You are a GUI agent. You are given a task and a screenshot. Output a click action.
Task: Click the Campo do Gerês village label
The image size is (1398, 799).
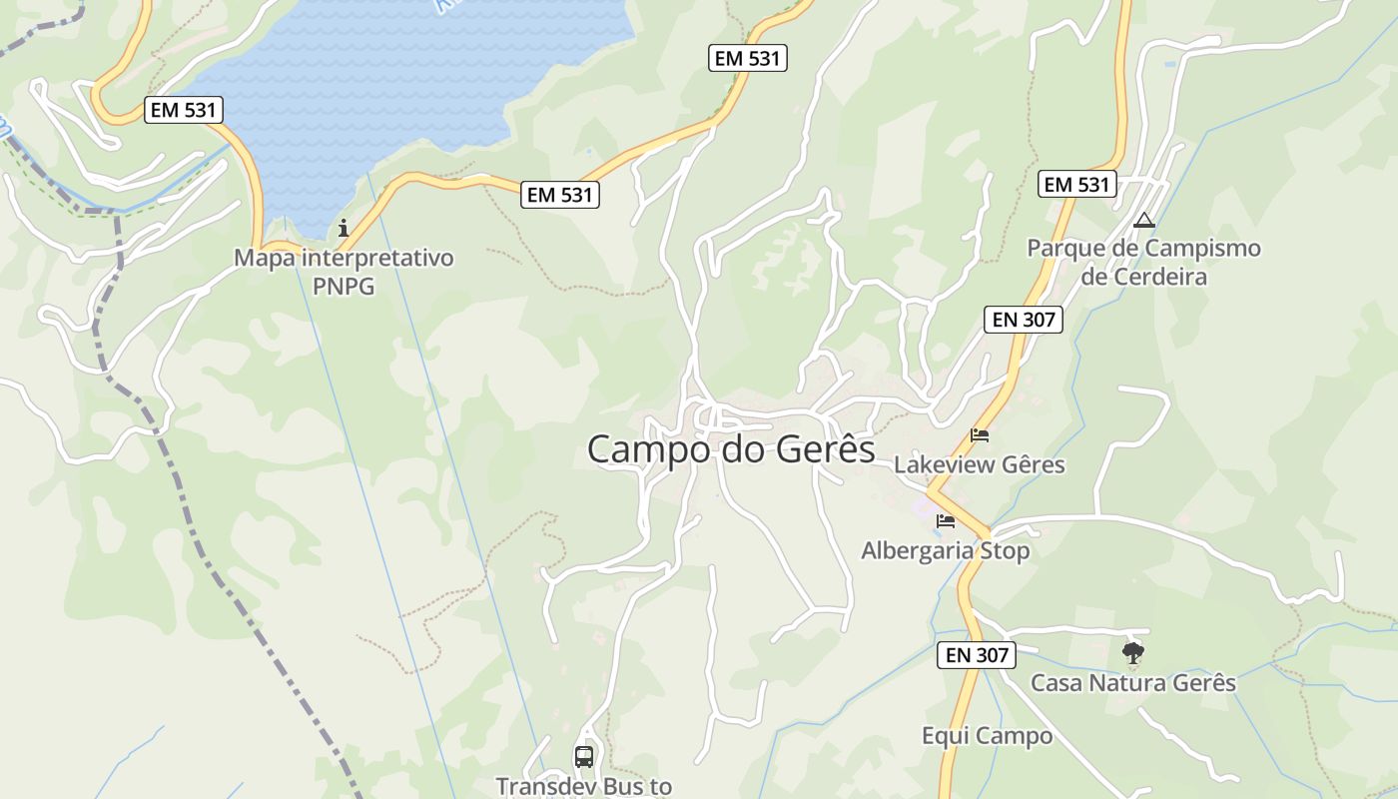pos(730,449)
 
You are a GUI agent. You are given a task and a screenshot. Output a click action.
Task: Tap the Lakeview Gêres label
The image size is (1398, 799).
pos(979,464)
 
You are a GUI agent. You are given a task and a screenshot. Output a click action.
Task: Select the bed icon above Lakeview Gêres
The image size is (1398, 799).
pos(980,435)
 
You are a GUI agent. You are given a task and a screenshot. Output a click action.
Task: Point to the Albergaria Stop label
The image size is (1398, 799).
pos(945,550)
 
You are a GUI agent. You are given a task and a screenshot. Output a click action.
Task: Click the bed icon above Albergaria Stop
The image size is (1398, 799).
pos(945,521)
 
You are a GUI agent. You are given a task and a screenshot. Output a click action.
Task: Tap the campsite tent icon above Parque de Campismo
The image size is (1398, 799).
pos(1144,220)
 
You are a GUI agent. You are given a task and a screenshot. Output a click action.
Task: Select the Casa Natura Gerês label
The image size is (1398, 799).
pos(1132,683)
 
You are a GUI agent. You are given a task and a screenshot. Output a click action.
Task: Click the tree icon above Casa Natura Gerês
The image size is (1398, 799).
pos(1132,653)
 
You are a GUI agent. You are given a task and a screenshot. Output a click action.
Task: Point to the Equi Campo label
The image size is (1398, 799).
pos(987,736)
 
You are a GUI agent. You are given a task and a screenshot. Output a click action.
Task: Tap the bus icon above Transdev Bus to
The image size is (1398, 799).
pos(584,757)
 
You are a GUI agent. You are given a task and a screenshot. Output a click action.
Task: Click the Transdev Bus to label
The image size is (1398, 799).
pos(584,786)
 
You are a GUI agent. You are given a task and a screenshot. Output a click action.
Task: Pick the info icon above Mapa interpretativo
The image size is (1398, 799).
pos(344,228)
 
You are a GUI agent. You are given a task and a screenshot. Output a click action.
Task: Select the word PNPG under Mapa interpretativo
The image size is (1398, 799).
pos(344,287)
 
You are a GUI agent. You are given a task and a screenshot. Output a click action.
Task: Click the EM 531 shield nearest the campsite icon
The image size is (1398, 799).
pos(1075,185)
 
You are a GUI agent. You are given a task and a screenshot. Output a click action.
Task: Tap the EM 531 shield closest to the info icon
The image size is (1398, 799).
pos(560,196)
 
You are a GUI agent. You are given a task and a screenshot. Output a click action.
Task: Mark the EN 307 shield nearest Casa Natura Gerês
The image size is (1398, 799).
pos(976,655)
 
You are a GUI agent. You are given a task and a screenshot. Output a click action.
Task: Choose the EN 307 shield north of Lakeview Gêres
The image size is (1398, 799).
pos(1023,320)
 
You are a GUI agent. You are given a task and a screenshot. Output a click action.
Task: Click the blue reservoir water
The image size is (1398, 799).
pos(399,80)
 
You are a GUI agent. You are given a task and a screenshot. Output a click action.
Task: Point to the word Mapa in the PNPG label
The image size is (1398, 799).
pos(267,258)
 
